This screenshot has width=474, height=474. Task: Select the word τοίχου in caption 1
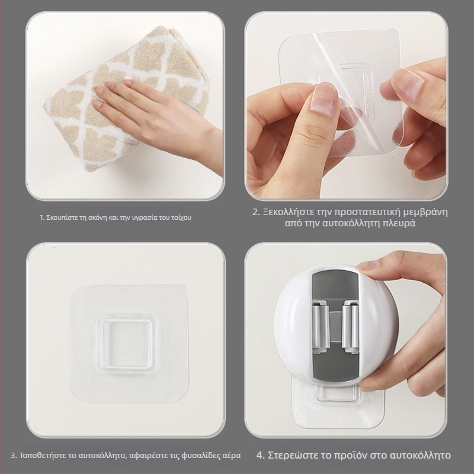coord(182,217)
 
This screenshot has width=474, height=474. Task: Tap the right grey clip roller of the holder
coord(350,327)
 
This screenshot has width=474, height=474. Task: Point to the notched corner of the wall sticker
coord(183,291)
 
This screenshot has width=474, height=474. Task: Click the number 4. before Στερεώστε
coord(261,455)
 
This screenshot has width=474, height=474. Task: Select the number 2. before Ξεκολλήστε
coord(257,212)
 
